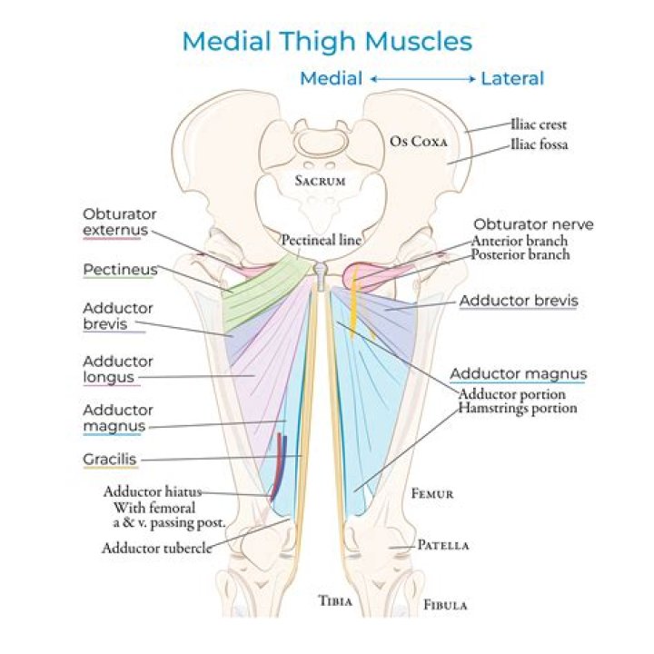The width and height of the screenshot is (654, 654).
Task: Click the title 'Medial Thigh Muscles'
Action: [327, 42]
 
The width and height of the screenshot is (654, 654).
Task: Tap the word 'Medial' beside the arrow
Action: [331, 79]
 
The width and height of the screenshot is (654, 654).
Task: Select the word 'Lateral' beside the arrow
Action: [512, 79]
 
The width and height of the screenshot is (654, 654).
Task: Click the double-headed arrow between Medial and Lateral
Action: [423, 79]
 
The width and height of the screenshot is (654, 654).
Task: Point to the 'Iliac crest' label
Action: [539, 124]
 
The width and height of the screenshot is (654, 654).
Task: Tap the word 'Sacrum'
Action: [321, 181]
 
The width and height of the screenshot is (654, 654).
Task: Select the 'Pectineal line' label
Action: [321, 241]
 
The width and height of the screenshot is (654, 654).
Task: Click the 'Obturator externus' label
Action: [119, 223]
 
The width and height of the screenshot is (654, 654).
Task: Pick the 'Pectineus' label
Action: [120, 270]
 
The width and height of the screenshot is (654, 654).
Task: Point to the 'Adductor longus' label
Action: [118, 369]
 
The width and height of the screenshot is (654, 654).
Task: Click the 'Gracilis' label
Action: [109, 460]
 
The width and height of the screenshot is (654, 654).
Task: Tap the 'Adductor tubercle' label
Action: [156, 548]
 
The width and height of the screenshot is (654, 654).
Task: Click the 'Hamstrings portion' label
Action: [517, 409]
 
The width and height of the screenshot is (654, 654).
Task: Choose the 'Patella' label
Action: [443, 546]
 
